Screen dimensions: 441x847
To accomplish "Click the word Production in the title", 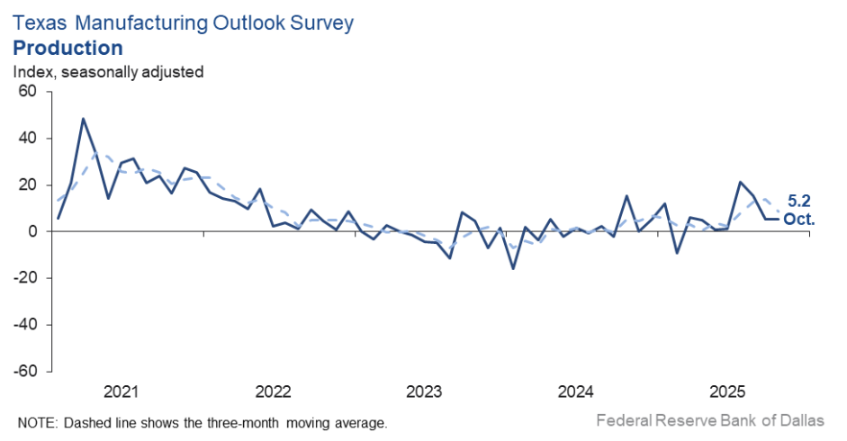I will (x=68, y=48).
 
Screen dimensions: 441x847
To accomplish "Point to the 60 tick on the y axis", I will (x=26, y=92).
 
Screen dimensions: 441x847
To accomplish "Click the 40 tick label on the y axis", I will (x=26, y=139).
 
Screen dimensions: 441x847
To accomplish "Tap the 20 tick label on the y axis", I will (x=26, y=184).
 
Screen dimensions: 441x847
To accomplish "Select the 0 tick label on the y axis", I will (x=31, y=231).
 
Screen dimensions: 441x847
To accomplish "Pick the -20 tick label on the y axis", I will (x=23, y=278).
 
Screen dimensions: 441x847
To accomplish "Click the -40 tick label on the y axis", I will (x=23, y=324).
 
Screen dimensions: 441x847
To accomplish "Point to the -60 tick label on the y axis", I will (x=23, y=371).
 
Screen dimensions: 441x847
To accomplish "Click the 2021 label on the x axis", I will (x=122, y=392).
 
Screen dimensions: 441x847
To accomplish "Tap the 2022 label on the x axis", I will (x=273, y=392).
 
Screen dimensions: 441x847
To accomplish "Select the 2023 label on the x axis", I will (x=424, y=392).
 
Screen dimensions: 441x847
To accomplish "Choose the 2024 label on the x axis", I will (x=575, y=392).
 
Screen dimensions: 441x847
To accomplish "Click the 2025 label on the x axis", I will (x=727, y=392).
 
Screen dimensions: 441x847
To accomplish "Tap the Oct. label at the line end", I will (x=799, y=219).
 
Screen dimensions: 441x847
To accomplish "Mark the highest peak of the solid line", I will (x=83, y=119).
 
